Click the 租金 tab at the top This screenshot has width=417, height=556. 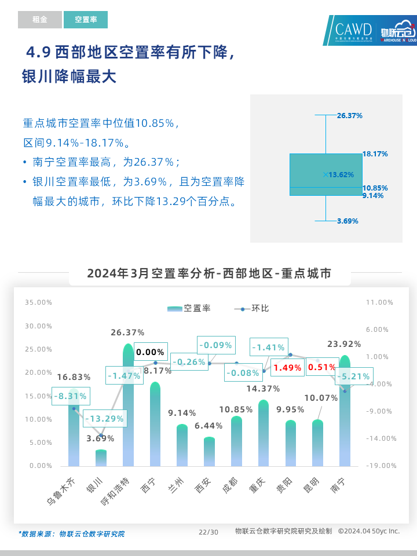tap(39, 20)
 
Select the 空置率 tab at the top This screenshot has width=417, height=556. tap(86, 20)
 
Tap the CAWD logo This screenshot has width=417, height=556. tap(354, 30)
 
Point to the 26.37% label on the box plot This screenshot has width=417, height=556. tap(350, 116)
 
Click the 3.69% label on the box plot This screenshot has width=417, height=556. tap(348, 221)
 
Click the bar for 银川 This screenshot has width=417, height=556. tap(101, 458)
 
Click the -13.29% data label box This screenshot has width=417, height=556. tap(104, 419)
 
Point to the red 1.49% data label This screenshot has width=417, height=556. tap(287, 368)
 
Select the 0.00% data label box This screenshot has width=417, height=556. tap(150, 352)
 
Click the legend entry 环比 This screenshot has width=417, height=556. tap(252, 309)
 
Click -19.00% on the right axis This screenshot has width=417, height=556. tap(379, 466)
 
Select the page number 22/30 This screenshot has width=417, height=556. tap(209, 532)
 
